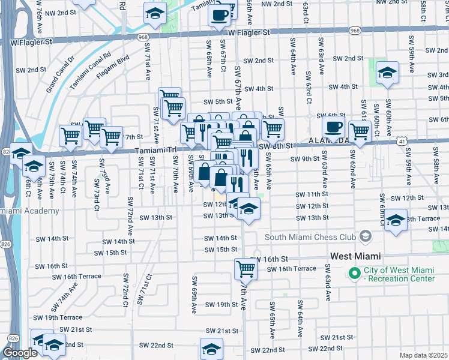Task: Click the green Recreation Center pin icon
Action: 355,274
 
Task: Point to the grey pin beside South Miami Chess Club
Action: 364,236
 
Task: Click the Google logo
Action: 20,353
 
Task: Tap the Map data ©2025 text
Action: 423,355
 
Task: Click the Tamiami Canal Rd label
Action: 91,70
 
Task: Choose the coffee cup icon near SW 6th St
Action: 333,127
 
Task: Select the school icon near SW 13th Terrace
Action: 396,219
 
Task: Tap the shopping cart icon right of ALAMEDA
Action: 360,131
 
